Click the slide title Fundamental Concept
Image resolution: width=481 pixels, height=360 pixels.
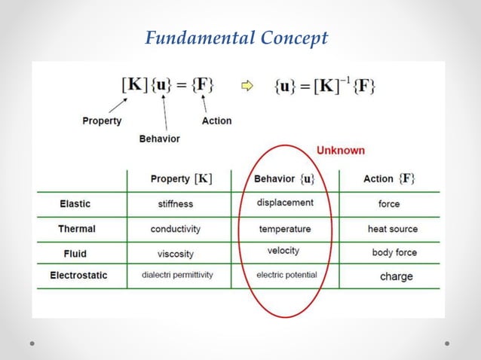[x=237, y=38]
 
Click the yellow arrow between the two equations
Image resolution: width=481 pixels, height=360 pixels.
[x=247, y=86]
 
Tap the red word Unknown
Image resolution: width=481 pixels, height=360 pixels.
[x=340, y=150]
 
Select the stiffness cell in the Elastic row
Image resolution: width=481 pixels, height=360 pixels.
[x=175, y=204]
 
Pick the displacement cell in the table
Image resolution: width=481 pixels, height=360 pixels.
[x=285, y=203]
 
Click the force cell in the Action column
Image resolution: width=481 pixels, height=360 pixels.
[x=389, y=204]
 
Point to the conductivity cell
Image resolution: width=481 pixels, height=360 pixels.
[x=175, y=229]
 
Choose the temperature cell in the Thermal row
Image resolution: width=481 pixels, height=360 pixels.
[x=285, y=229]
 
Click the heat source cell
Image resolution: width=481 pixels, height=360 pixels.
[x=392, y=229]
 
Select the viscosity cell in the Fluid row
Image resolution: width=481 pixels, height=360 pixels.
[x=176, y=254]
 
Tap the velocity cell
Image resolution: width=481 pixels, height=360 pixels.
[x=283, y=251]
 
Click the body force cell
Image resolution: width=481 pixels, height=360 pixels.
[x=394, y=253]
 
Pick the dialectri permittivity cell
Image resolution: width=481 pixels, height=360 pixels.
[x=177, y=276]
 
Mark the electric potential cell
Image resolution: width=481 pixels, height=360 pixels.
[x=286, y=275]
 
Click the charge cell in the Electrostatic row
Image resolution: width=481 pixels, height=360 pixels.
[x=396, y=276]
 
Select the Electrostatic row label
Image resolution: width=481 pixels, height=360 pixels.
[x=78, y=276]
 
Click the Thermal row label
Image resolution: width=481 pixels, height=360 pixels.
[x=77, y=228]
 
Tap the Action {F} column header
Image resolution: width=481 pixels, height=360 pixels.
[x=389, y=178]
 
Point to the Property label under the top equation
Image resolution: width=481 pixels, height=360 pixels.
[x=102, y=121]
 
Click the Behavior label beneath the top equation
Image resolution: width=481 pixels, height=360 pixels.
[x=160, y=139]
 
